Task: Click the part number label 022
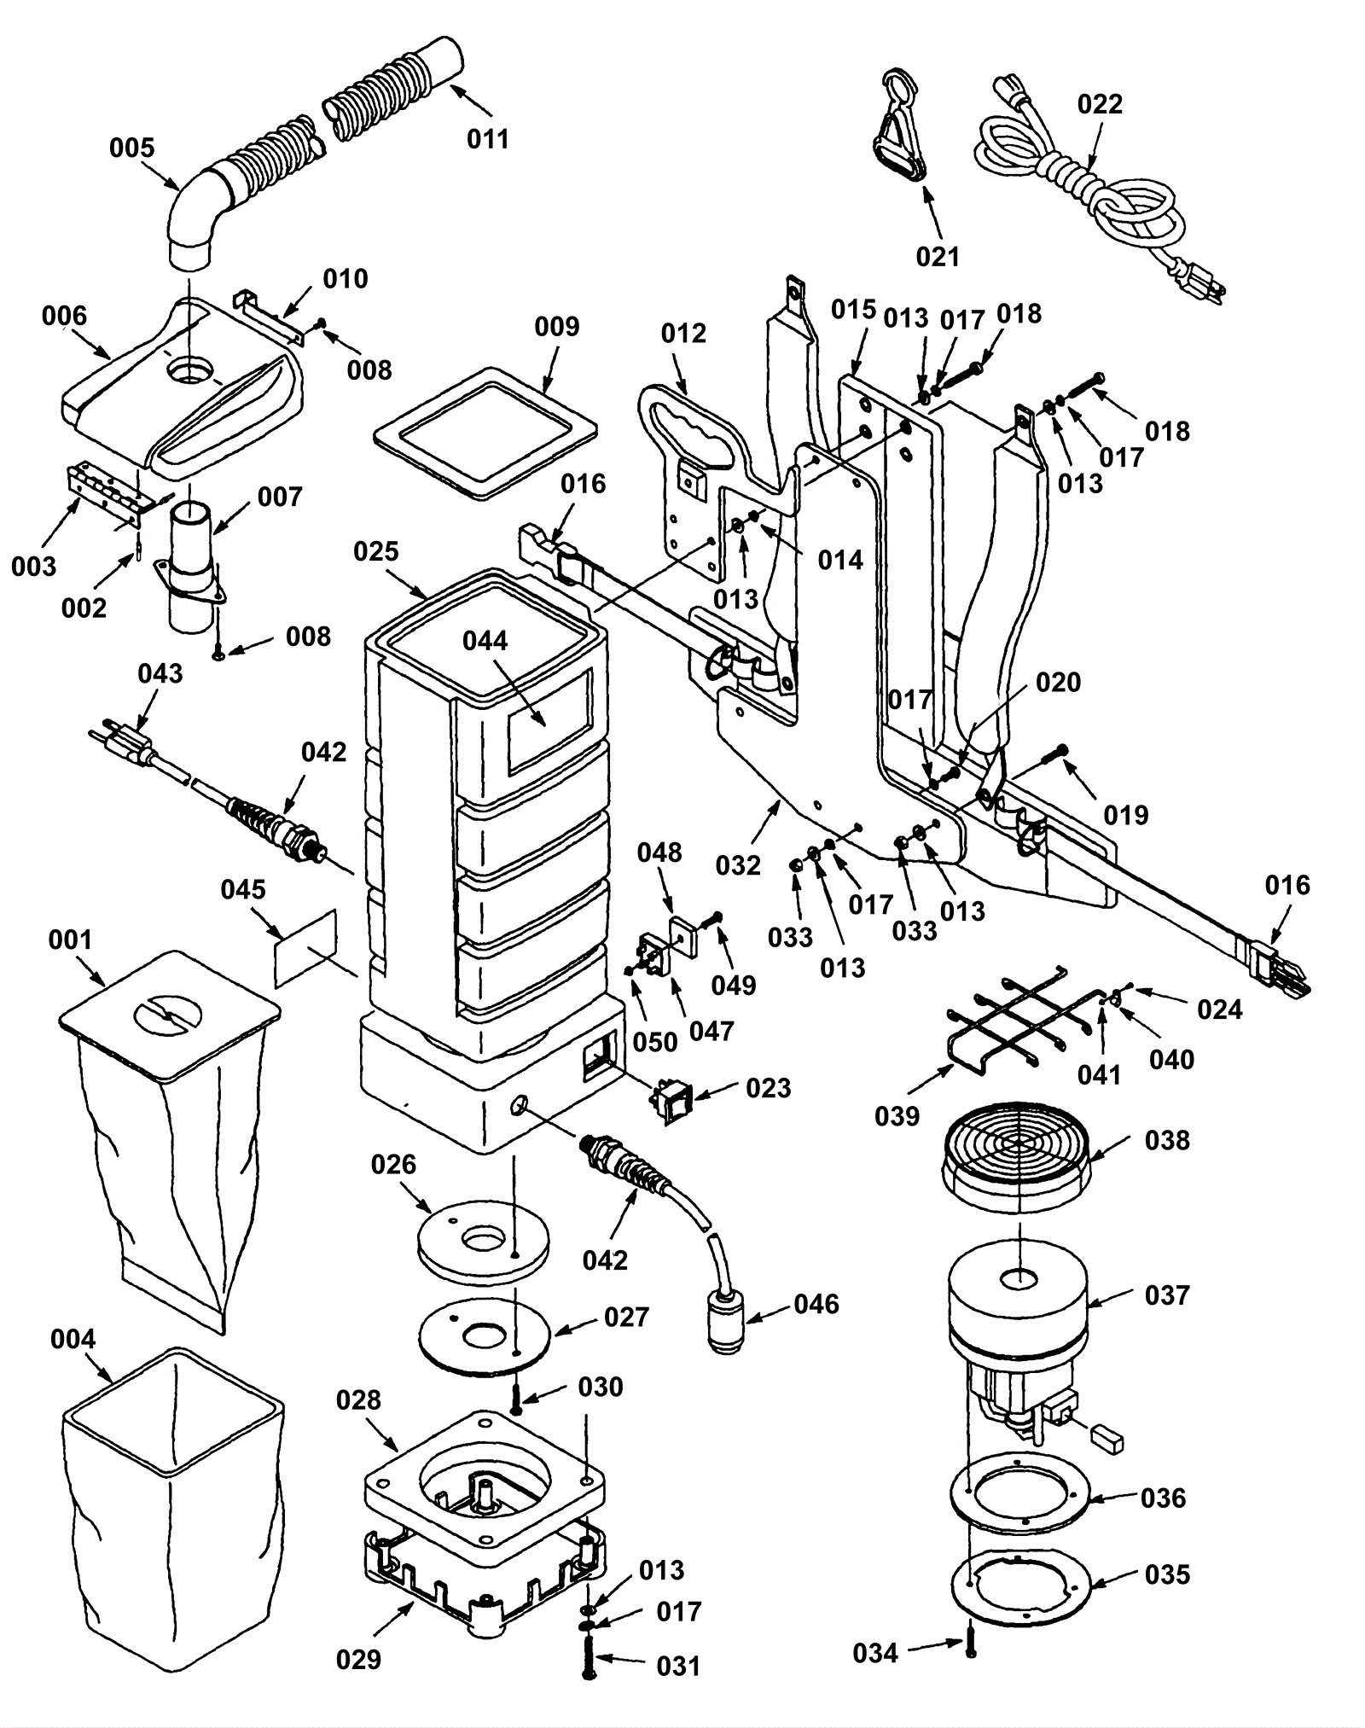pyautogui.click(x=1100, y=104)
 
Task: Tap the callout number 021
pyautogui.click(x=938, y=256)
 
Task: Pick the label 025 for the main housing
pyautogui.click(x=376, y=551)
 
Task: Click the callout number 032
pyautogui.click(x=738, y=865)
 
